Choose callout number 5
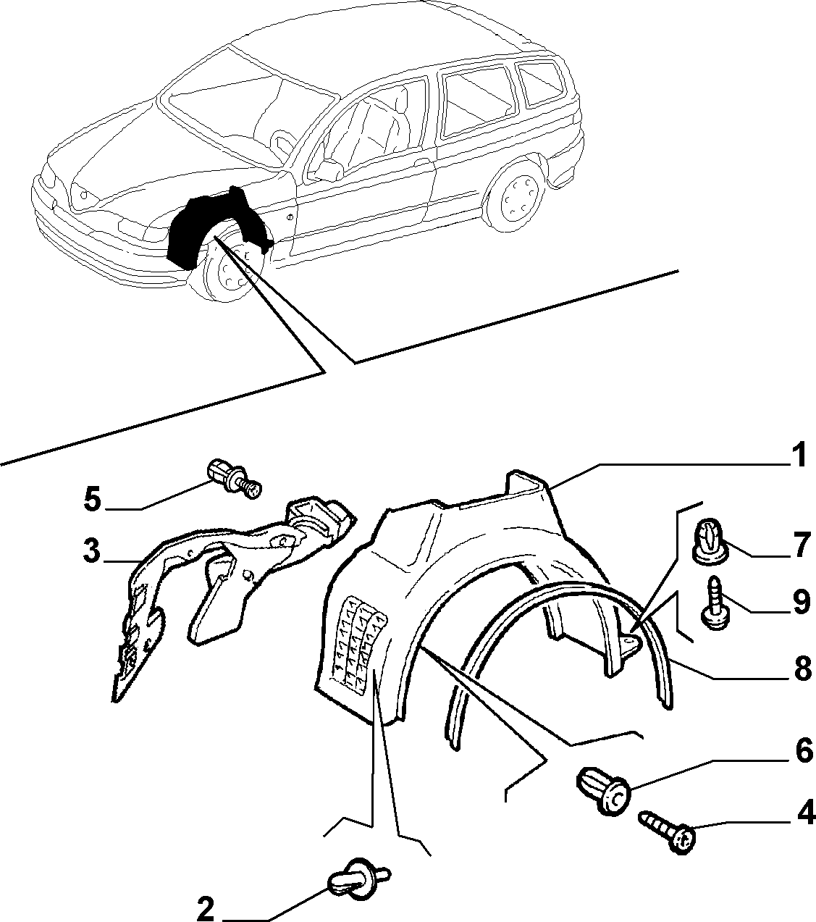click(93, 499)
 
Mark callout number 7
click(802, 545)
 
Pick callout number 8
click(802, 669)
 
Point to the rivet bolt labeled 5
click(235, 479)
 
